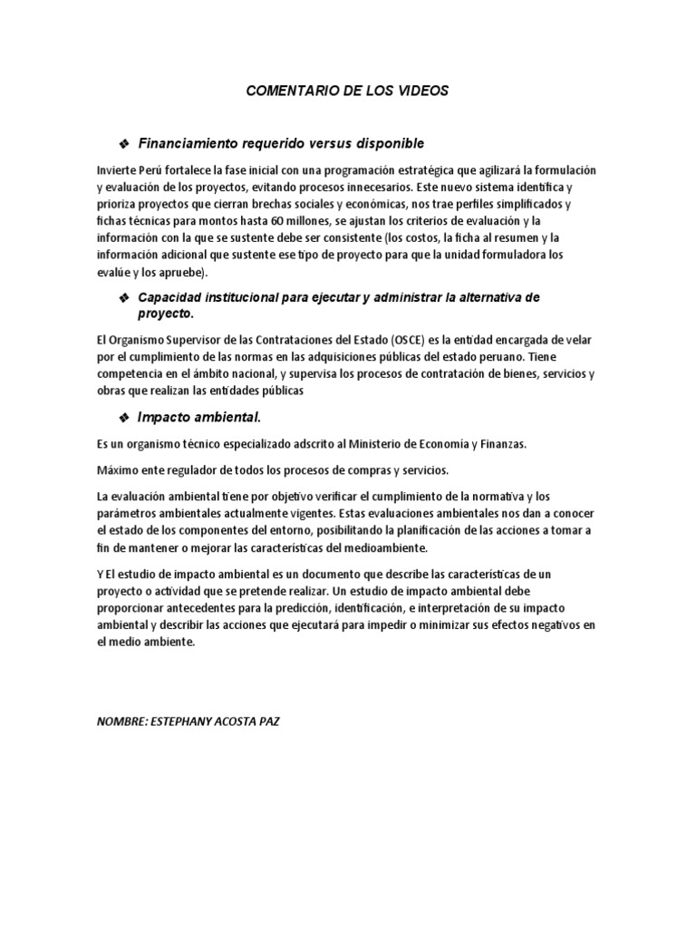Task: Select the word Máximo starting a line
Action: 118,470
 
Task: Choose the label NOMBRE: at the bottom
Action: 121,723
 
